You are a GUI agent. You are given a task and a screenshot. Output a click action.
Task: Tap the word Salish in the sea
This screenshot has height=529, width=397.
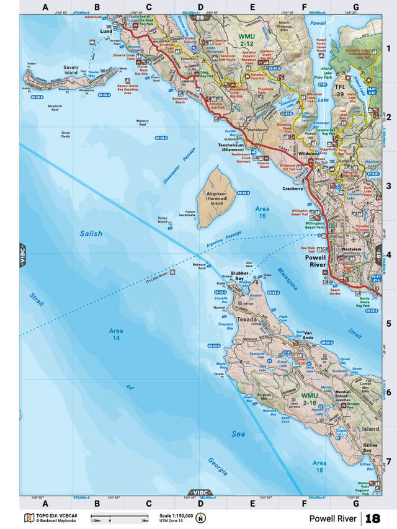coord(91,234)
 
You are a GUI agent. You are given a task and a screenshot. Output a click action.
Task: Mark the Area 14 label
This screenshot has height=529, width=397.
coord(116,334)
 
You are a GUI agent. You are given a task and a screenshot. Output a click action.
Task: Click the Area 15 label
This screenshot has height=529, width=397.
coord(262,213)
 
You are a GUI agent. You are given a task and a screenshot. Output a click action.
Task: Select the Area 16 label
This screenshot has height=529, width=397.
coord(319,466)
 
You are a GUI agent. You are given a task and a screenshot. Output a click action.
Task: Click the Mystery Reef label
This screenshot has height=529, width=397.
coord(143,122)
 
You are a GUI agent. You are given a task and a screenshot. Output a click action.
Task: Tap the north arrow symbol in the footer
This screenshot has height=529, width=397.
coord(201,518)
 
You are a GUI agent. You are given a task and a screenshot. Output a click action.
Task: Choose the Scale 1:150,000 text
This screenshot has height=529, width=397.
coord(176,515)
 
